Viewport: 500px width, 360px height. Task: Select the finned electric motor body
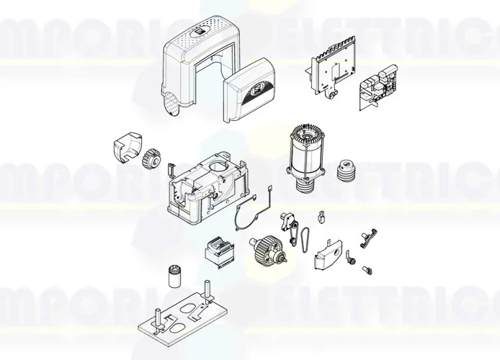[306, 153]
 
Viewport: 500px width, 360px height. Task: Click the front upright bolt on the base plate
[156, 318]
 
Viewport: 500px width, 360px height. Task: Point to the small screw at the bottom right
[365, 269]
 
